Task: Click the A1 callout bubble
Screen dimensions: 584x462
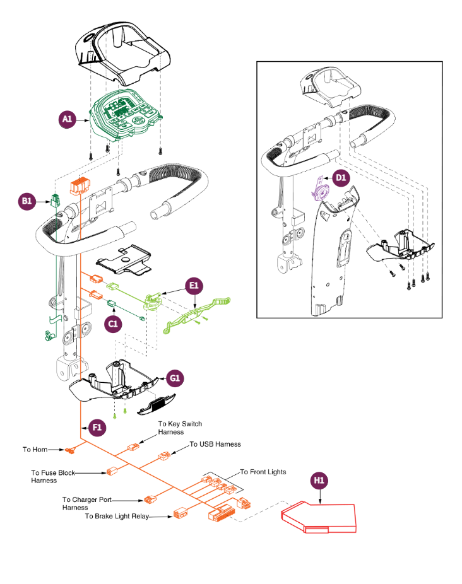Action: point(68,119)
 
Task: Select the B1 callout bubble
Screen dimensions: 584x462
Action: point(27,201)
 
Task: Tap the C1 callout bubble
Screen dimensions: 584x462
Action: point(113,324)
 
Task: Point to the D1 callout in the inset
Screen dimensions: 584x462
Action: point(341,178)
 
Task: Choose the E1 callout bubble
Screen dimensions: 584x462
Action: point(194,285)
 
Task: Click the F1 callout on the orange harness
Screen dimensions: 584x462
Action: point(97,427)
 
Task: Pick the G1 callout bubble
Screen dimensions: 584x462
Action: point(175,378)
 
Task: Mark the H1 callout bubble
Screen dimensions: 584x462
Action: point(319,481)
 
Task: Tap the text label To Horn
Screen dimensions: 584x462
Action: point(36,450)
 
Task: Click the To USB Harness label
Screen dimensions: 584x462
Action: point(215,444)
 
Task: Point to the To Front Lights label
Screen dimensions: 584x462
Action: point(263,472)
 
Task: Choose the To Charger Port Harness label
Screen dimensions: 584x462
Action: point(88,503)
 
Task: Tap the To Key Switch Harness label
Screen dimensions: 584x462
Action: point(180,428)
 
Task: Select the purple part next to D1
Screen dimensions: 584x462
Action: point(321,189)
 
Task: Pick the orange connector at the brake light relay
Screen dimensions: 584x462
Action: point(181,514)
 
